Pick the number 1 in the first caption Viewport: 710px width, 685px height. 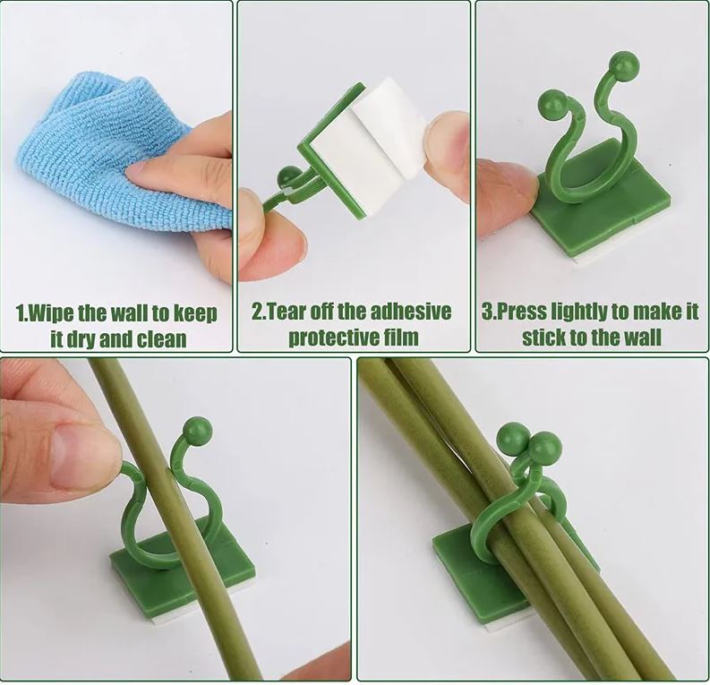coord(21,314)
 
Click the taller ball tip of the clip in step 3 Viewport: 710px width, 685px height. coord(624,65)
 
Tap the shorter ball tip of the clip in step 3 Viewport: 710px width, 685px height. coord(552,104)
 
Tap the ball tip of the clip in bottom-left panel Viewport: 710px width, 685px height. coord(197,431)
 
